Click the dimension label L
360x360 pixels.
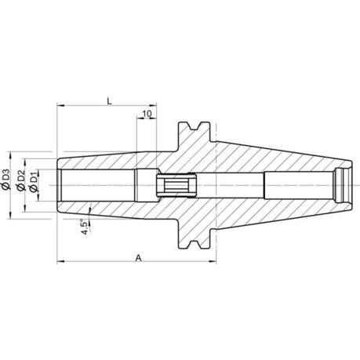tap(110, 101)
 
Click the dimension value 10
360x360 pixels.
tap(147, 114)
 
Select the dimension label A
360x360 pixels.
tap(138, 258)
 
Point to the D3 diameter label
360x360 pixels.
tap(5, 176)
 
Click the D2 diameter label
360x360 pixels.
tap(20, 176)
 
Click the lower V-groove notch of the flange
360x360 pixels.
tap(195, 244)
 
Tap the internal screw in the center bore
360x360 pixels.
tap(176, 185)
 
